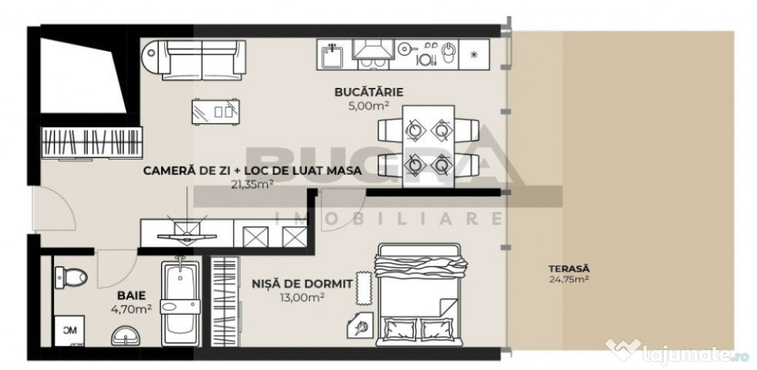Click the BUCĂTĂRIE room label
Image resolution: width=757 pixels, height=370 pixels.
coord(368,92)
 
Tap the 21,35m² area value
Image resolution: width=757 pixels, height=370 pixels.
coord(252,185)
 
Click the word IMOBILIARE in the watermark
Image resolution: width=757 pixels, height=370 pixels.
coord(389,219)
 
